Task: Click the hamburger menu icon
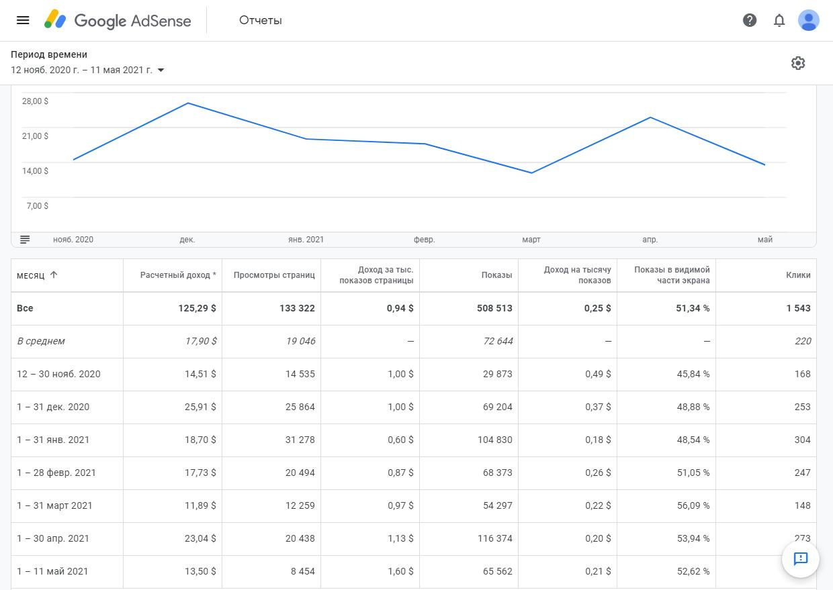pos(23,20)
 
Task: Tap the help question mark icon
pos(750,20)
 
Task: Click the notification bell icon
pos(779,20)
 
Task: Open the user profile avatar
pos(808,20)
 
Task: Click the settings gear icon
pos(798,63)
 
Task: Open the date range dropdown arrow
pos(161,70)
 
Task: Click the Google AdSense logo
pos(118,20)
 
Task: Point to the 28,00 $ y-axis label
pos(36,101)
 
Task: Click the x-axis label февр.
pos(424,240)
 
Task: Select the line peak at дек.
pos(188,103)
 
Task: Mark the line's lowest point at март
pos(531,173)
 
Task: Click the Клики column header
pos(798,275)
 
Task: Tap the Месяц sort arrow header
pos(54,275)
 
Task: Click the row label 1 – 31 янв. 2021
pos(53,440)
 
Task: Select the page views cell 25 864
pos(300,407)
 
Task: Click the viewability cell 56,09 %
pos(693,506)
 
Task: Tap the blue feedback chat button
pos(800,558)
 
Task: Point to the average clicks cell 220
pos(803,342)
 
